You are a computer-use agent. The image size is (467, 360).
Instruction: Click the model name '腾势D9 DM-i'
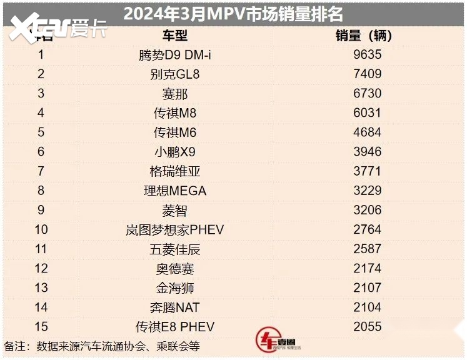pos(175,55)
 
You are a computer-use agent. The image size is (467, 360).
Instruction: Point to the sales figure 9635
pos(367,55)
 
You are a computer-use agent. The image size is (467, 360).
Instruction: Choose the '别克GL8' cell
pos(175,74)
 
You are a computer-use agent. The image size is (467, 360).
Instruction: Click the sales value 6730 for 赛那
pos(367,94)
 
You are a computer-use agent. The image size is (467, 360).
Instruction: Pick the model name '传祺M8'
pos(175,113)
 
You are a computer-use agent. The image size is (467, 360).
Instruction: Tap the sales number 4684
pos(367,132)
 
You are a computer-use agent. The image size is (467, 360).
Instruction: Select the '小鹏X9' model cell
pos(175,152)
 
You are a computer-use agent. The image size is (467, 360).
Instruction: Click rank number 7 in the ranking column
pos(41,171)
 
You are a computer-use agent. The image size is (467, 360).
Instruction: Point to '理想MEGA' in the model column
pos(175,191)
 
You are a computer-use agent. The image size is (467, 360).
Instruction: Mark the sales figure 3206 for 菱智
pos(367,210)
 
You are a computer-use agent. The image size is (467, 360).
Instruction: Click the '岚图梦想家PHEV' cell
pos(175,230)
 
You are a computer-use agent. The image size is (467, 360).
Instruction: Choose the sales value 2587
pos(367,249)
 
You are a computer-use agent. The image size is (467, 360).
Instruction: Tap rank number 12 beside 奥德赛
pos(41,269)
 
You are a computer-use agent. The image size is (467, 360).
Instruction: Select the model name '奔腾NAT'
pos(175,307)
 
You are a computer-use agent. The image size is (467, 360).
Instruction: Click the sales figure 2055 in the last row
pos(367,327)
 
